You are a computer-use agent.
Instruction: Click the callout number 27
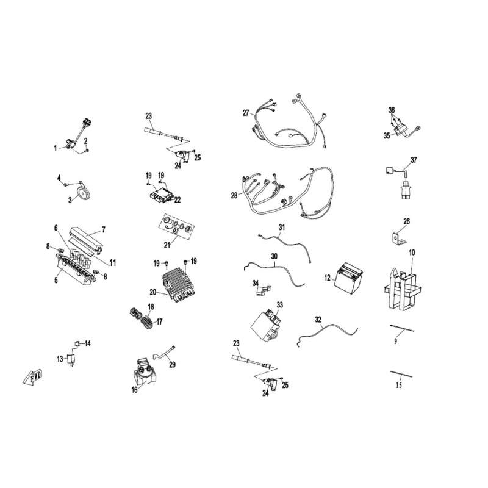(x=246, y=113)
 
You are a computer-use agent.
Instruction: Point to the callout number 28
(x=234, y=195)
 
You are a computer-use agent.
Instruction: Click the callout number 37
(x=414, y=160)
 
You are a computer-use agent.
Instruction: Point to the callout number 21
(x=167, y=246)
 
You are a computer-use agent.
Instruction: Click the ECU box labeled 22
(x=160, y=196)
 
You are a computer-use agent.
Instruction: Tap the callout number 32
(x=318, y=320)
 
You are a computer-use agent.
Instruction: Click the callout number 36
(x=392, y=110)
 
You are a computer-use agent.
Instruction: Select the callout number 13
(x=60, y=359)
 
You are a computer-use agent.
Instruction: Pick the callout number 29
(x=172, y=364)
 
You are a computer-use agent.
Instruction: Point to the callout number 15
(x=399, y=385)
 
